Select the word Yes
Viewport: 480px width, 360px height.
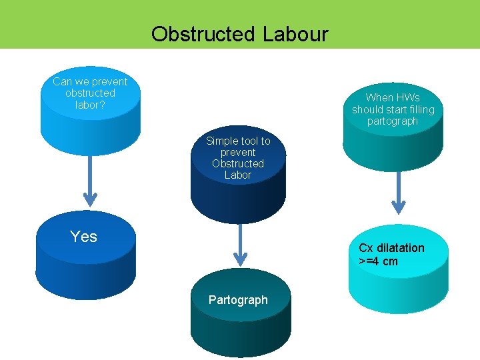[x=83, y=237]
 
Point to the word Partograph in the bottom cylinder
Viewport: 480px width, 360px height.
[x=238, y=300]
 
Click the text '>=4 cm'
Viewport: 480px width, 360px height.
[x=378, y=261]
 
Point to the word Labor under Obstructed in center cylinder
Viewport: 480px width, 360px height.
[x=238, y=175]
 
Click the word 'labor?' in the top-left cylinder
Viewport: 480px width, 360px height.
[x=90, y=105]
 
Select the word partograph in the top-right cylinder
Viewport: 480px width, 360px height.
[x=393, y=121]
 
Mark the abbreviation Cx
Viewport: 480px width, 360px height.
[x=366, y=248]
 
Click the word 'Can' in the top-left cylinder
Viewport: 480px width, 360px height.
[x=62, y=81]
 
